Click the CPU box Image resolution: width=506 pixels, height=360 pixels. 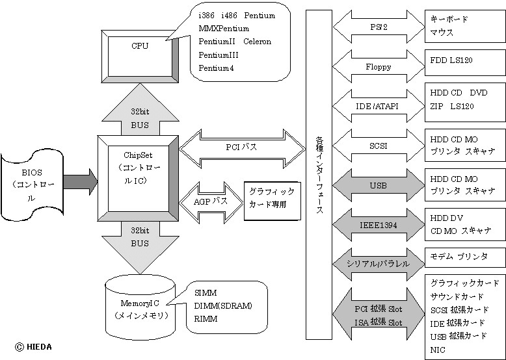pos(139,49)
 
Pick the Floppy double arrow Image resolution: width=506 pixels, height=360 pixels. pos(378,66)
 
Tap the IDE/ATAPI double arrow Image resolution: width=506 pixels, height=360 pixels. pos(378,105)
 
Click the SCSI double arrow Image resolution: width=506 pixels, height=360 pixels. pos(378,146)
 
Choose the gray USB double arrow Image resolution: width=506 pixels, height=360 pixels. pos(378,186)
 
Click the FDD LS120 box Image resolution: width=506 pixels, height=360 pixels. pos(464,60)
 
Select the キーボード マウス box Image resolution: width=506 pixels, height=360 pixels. pos(464,25)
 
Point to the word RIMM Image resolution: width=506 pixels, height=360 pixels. pos(206,319)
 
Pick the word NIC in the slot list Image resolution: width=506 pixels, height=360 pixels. pos(438,349)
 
